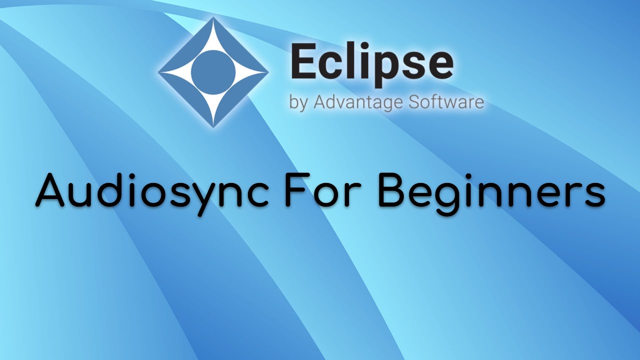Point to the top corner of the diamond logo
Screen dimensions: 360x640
(213, 19)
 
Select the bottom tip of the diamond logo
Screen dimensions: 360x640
(213, 126)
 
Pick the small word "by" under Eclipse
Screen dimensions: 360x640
(298, 103)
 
